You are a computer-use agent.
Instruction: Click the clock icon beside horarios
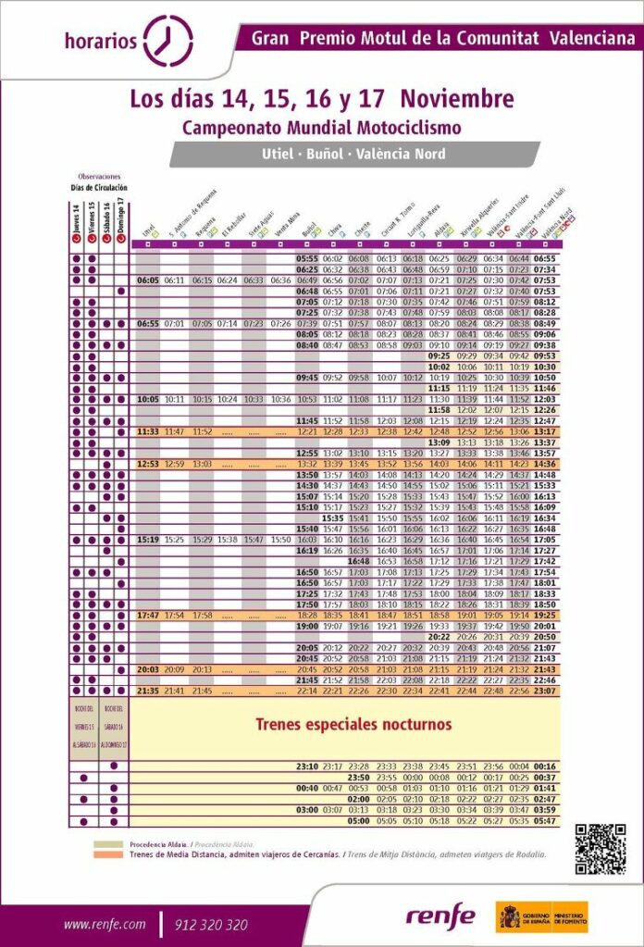169,39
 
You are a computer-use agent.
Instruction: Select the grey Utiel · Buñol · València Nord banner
353,154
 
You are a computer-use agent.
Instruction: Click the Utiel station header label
148,228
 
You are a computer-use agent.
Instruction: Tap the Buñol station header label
310,228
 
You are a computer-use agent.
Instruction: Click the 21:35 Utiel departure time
148,691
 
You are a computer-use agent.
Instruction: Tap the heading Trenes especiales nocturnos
353,724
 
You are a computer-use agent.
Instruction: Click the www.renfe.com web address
105,924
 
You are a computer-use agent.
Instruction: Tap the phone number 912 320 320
210,924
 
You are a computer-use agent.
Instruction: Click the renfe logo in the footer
440,916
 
